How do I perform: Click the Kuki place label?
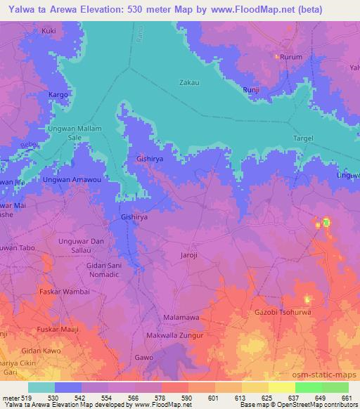[x=49, y=31]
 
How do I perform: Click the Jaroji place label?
[x=192, y=255]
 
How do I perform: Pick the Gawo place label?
[x=144, y=358]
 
